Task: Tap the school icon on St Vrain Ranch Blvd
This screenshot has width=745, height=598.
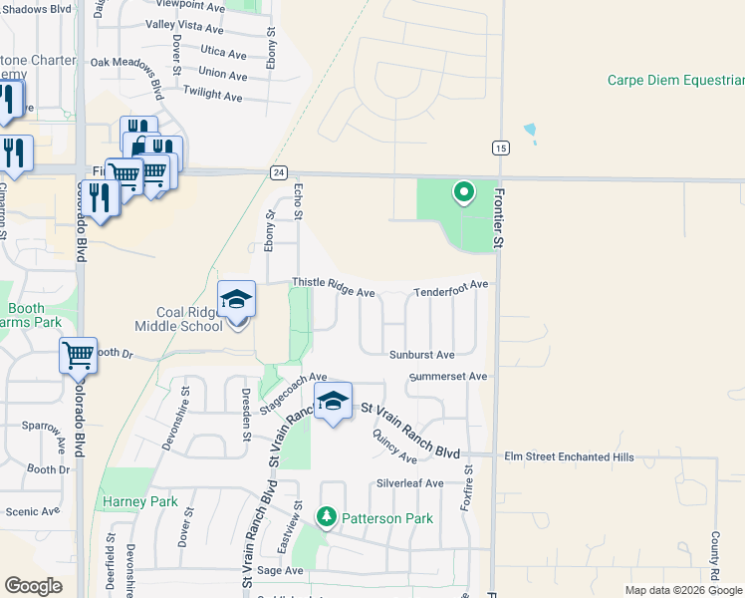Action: pyautogui.click(x=334, y=401)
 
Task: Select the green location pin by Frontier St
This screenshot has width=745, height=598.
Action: pyautogui.click(x=463, y=191)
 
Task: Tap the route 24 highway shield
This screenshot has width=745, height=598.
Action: pyautogui.click(x=279, y=172)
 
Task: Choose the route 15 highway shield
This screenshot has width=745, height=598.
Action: pyautogui.click(x=500, y=148)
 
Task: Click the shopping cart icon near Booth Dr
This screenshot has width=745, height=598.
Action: pyautogui.click(x=77, y=354)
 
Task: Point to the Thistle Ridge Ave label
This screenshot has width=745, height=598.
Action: pyautogui.click(x=333, y=293)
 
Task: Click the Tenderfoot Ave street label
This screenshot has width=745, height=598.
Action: pyautogui.click(x=451, y=284)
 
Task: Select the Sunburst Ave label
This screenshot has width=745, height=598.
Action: pyautogui.click(x=422, y=354)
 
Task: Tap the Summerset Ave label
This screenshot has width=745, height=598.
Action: pyautogui.click(x=448, y=377)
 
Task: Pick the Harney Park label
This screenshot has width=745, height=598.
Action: pyautogui.click(x=139, y=501)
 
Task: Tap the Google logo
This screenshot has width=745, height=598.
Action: pyautogui.click(x=33, y=586)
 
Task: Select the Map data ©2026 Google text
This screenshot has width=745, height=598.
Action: pyautogui.click(x=682, y=590)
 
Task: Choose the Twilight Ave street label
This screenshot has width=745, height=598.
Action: pyautogui.click(x=213, y=97)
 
